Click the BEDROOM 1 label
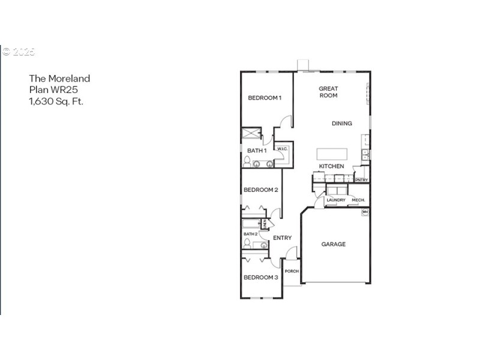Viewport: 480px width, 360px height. [x=265, y=98]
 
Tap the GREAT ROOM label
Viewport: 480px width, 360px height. [x=328, y=92]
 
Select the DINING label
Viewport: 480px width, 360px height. [x=342, y=124]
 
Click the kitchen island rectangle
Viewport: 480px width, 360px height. [x=332, y=152]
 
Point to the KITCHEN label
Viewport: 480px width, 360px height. [x=331, y=166]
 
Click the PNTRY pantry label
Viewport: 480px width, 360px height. [x=361, y=179]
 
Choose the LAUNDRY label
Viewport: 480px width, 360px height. [x=336, y=200]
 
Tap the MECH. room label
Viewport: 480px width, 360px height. [x=358, y=200]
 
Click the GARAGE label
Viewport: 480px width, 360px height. [x=333, y=244]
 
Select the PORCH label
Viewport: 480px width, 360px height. [x=292, y=271]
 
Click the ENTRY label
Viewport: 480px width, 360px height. [x=282, y=238]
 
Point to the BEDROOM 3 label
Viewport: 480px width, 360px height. [x=260, y=278]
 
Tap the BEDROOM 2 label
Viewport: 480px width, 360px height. [x=260, y=190]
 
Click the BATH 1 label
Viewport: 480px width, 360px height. [x=257, y=150]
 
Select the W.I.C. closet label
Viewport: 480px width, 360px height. [x=283, y=149]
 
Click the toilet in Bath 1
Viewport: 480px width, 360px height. [x=247, y=161]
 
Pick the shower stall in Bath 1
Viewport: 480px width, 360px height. [x=251, y=134]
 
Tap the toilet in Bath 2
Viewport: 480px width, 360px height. [x=247, y=243]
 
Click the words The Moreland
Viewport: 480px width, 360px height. [x=59, y=78]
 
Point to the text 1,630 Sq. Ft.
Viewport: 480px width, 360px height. [x=56, y=101]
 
